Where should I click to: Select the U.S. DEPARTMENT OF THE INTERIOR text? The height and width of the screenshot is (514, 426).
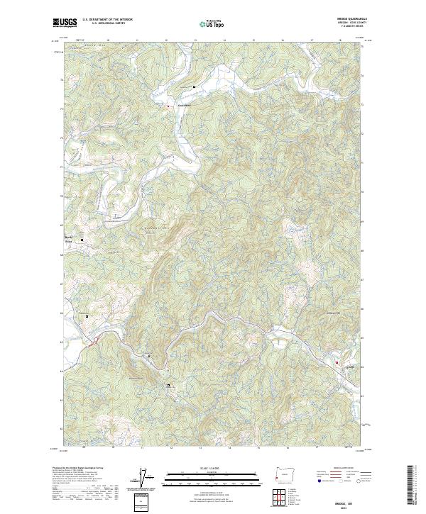107,21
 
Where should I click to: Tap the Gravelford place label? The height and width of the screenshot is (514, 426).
177,107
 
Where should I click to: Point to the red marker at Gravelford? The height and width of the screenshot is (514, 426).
168,106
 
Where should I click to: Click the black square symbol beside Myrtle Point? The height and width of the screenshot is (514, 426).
82,240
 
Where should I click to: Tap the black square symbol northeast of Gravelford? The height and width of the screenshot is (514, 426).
195,87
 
